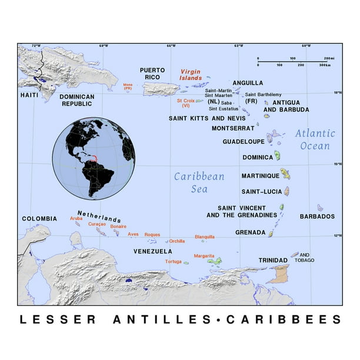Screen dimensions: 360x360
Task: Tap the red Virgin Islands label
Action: [x=191, y=74]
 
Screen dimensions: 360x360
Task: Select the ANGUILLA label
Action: [x=248, y=83]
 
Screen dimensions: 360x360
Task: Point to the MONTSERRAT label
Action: [x=233, y=128]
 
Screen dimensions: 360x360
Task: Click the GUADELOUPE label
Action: [x=242, y=142]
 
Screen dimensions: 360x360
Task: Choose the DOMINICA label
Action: [x=258, y=158]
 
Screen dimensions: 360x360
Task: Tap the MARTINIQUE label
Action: [x=259, y=176]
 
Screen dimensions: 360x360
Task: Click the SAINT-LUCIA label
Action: [x=260, y=192]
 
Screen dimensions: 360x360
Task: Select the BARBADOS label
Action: [x=317, y=216]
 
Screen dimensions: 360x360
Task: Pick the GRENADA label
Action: [x=250, y=232]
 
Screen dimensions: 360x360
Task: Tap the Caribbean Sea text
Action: [x=199, y=182]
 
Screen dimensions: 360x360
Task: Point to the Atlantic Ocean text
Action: [x=315, y=139]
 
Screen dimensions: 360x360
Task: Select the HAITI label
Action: [x=29, y=95]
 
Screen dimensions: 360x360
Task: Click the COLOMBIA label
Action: [x=39, y=219]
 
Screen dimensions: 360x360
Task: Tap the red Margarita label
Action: [x=204, y=256]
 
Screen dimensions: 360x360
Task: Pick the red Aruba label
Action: [x=76, y=218]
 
